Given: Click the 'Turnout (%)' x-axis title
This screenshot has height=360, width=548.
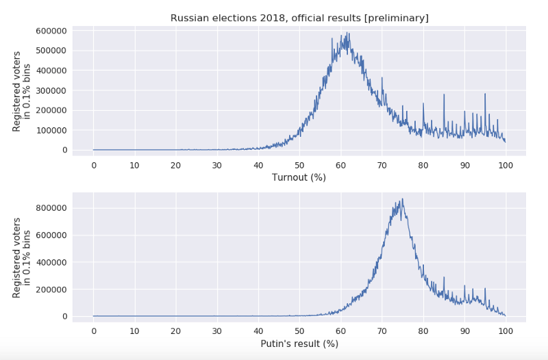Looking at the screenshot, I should (x=299, y=177).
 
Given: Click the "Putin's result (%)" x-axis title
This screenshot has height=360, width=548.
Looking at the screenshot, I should (x=299, y=344).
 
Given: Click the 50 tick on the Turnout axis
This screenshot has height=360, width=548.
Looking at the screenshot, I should (x=299, y=165).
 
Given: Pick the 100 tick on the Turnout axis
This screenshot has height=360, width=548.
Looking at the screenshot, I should (x=506, y=165).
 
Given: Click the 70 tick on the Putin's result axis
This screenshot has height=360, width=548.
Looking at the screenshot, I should (x=382, y=331).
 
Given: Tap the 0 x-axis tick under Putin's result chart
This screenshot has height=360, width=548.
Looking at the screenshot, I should (x=94, y=331).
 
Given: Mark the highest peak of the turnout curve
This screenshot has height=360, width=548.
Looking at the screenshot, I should (x=349, y=33).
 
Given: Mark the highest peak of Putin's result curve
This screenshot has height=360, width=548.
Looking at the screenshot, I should (x=402, y=199).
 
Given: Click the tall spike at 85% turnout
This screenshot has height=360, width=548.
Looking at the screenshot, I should (x=444, y=94).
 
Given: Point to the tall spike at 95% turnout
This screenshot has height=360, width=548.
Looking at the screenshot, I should (x=485, y=94).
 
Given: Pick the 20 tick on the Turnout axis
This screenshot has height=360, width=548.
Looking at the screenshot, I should (x=176, y=165).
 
